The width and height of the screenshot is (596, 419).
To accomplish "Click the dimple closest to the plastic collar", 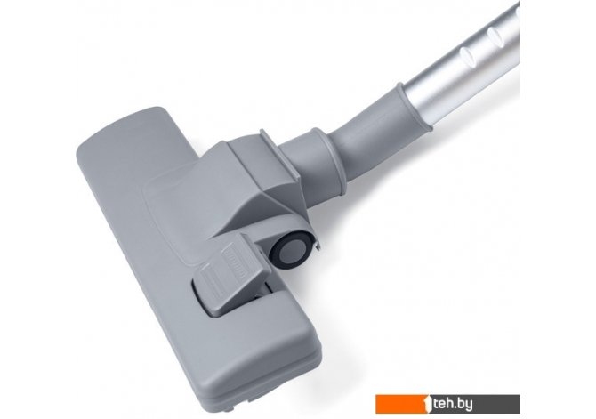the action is point(468,56).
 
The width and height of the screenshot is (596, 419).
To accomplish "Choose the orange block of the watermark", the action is point(402,403).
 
